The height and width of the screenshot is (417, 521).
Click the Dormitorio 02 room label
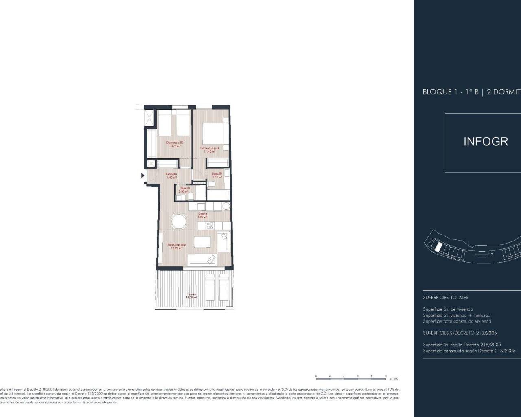(x=175, y=144)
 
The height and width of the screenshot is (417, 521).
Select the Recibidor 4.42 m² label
(x=171, y=176)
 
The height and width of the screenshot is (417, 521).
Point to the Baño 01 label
(x=217, y=175)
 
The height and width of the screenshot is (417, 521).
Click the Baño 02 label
(x=185, y=189)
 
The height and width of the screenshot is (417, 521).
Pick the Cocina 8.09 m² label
(x=202, y=215)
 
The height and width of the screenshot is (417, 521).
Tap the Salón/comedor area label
(x=177, y=246)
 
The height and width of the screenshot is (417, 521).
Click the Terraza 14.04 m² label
(x=192, y=296)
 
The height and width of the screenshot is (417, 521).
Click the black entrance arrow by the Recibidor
(x=142, y=176)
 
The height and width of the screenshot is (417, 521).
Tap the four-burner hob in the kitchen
(x=210, y=225)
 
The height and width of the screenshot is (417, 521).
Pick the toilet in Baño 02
(x=190, y=197)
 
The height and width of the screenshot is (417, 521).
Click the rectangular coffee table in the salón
(x=202, y=242)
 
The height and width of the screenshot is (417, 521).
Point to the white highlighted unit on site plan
(x=438, y=247)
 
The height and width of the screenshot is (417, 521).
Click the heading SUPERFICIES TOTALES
(x=445, y=298)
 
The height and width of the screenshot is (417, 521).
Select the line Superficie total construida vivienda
(x=457, y=321)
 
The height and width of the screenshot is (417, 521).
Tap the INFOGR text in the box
(x=486, y=142)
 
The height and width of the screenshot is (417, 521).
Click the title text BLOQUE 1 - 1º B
(x=450, y=92)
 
